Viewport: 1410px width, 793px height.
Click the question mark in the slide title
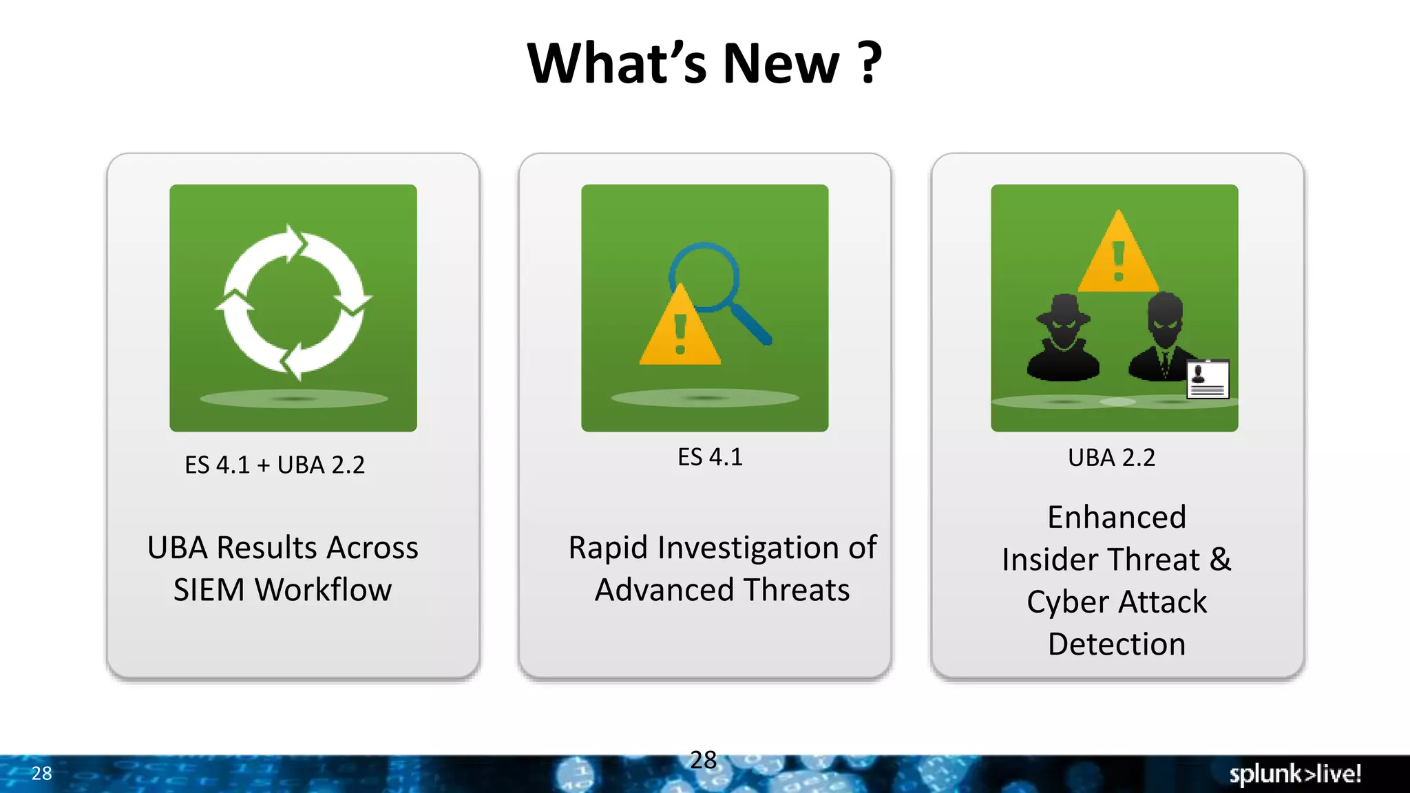[870, 63]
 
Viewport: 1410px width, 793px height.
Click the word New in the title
[781, 63]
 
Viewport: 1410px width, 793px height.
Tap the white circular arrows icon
[294, 302]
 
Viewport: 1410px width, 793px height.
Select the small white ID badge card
[1208, 379]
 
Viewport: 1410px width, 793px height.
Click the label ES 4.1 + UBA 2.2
[275, 465]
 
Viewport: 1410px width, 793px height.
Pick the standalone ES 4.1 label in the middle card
[710, 457]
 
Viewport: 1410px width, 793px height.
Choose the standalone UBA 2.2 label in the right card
[1111, 458]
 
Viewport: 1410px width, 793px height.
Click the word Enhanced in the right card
[1117, 518]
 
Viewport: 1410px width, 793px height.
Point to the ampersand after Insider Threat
[1220, 559]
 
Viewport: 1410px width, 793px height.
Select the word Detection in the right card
[1117, 644]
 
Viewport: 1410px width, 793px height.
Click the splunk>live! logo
[1295, 774]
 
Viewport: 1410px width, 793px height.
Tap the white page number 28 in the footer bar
[41, 774]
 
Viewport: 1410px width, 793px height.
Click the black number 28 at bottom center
[703, 760]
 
